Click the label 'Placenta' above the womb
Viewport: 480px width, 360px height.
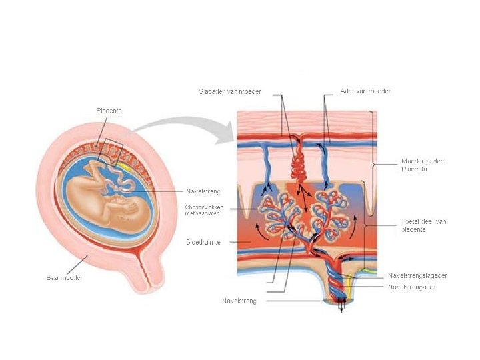[109, 110]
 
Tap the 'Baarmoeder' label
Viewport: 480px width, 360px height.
[65, 277]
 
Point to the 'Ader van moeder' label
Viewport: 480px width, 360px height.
[366, 91]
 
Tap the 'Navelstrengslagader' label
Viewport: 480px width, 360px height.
[418, 275]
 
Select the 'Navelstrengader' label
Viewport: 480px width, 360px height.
[413, 287]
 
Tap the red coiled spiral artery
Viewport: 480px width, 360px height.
[299, 164]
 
